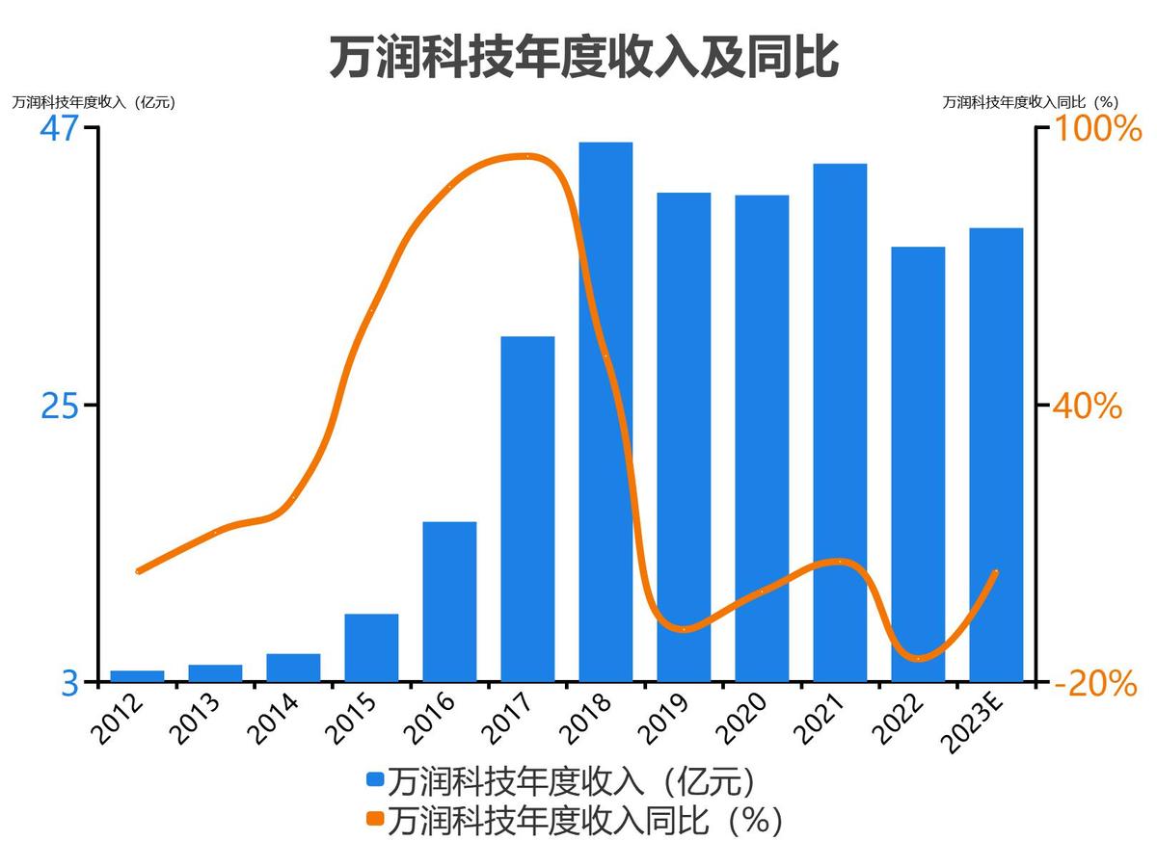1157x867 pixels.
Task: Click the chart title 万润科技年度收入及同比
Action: tap(583, 58)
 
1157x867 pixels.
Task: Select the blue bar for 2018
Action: tap(605, 414)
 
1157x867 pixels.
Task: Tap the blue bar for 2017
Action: tap(527, 511)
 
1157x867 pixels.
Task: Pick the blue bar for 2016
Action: tap(449, 602)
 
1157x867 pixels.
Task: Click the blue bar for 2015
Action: tap(371, 648)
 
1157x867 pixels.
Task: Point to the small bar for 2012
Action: tap(138, 676)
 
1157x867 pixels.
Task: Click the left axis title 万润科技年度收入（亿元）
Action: tap(94, 102)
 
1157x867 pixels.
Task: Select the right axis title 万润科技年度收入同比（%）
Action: tap(1030, 102)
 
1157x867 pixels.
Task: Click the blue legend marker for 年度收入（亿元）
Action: tap(375, 779)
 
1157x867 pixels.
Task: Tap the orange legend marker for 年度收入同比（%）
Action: tap(375, 820)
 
